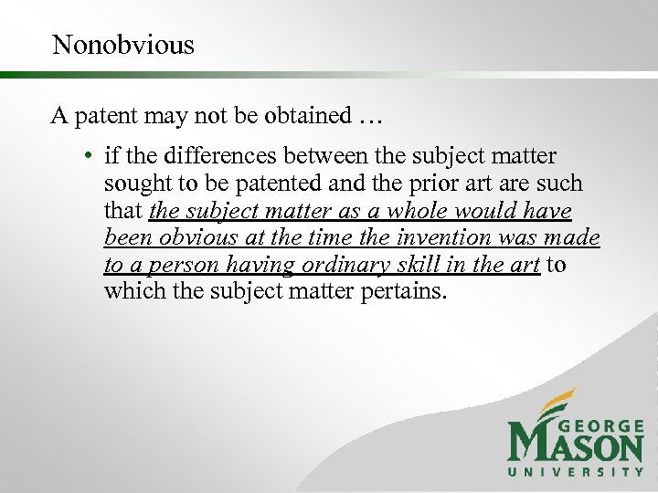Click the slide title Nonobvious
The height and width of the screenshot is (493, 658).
[x=123, y=45]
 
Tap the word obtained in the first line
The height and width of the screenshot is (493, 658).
[x=302, y=116]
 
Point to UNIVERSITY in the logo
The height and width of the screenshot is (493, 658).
[x=576, y=472]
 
